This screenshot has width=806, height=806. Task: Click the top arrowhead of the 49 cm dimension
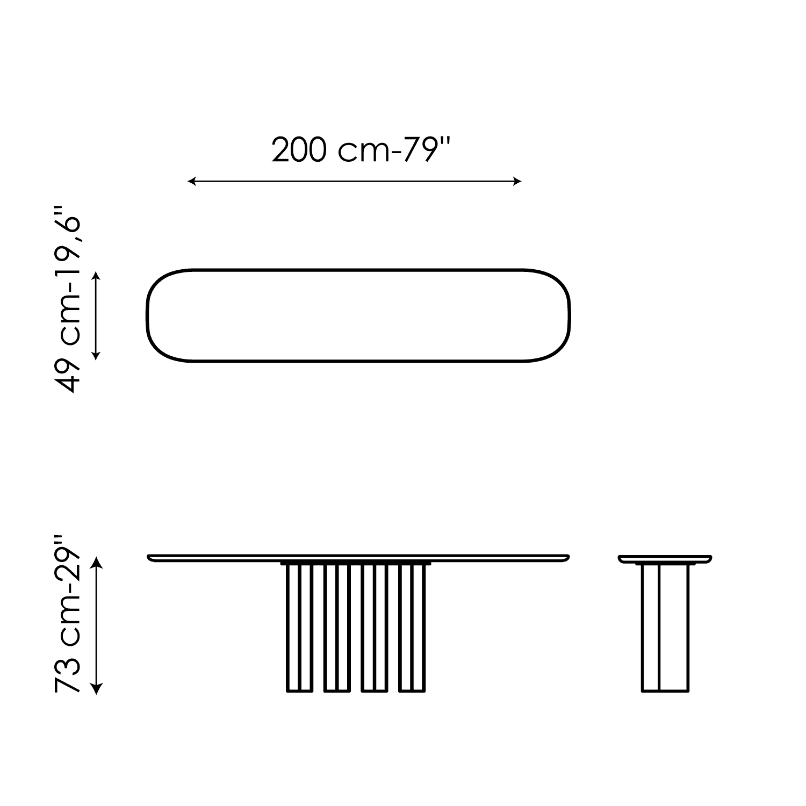(96, 276)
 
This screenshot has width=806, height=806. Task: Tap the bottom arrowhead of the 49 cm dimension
(96, 355)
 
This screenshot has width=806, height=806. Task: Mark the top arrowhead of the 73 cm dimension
(96, 562)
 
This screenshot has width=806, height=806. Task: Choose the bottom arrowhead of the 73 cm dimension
(96, 689)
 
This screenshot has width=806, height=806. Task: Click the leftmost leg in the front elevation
(299, 628)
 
